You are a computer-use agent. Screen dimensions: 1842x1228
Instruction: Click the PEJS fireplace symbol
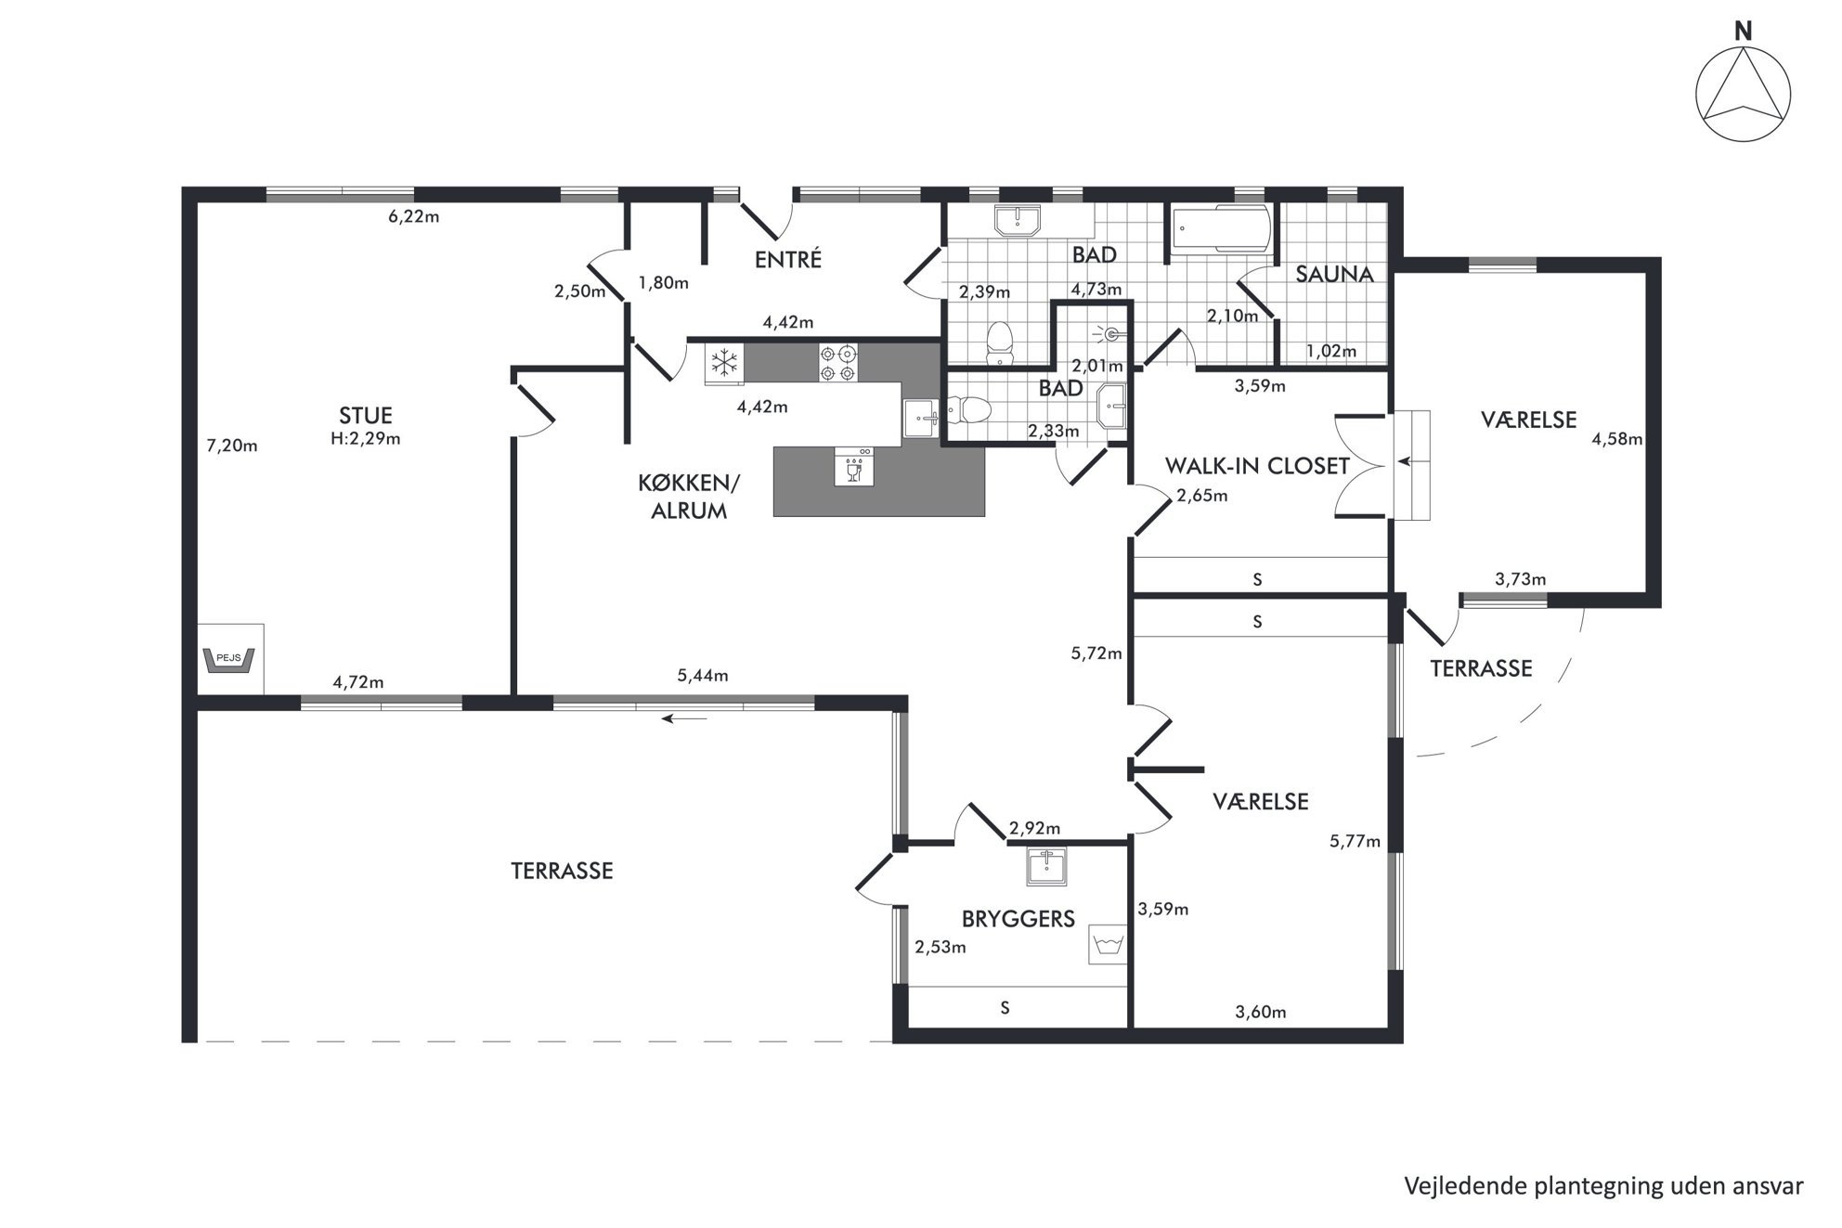[229, 659]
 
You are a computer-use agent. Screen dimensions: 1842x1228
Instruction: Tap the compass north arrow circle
[1743, 95]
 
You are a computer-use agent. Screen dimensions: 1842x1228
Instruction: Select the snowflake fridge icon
[724, 362]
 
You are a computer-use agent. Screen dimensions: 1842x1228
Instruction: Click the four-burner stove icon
[837, 362]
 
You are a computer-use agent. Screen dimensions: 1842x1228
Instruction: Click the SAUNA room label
[1334, 274]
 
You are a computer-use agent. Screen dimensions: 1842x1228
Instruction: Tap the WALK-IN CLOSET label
[1257, 466]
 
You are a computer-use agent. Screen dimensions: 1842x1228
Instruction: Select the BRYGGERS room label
[1018, 919]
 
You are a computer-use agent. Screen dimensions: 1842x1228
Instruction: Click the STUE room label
[366, 416]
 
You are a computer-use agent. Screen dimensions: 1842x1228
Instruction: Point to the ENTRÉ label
[788, 259]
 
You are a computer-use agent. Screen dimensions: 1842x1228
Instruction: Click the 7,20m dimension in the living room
[232, 446]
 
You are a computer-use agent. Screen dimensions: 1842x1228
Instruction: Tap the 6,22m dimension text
[414, 217]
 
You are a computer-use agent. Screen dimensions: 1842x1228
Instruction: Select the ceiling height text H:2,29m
[366, 439]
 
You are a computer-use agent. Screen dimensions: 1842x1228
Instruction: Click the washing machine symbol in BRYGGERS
[1108, 945]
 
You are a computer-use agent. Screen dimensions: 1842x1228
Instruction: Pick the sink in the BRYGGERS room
[1047, 866]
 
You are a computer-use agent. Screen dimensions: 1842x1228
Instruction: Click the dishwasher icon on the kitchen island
[854, 466]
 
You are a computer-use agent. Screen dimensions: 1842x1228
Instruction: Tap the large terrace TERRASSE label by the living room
[562, 871]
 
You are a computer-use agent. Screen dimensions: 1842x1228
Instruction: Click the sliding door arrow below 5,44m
[684, 718]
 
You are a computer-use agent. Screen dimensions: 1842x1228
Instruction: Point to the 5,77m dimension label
[1356, 842]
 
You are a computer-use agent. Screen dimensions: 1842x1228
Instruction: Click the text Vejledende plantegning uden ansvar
[1603, 1185]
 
